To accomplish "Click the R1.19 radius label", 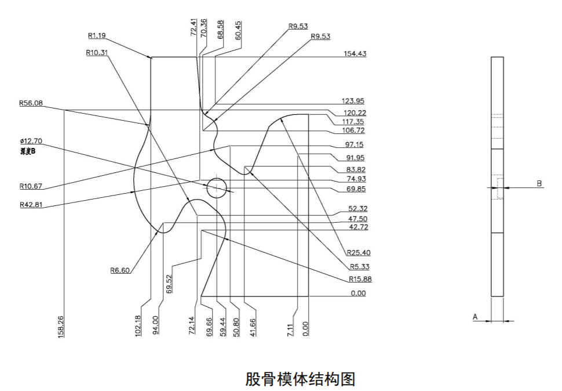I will [97, 35].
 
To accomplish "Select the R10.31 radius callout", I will [97, 52].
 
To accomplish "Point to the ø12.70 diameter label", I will [31, 141].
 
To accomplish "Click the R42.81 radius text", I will [31, 204].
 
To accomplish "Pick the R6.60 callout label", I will [120, 270].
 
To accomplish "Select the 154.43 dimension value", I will [354, 53].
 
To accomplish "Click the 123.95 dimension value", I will [353, 101].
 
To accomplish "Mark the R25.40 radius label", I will [359, 252].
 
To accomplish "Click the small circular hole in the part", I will [216, 187].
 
